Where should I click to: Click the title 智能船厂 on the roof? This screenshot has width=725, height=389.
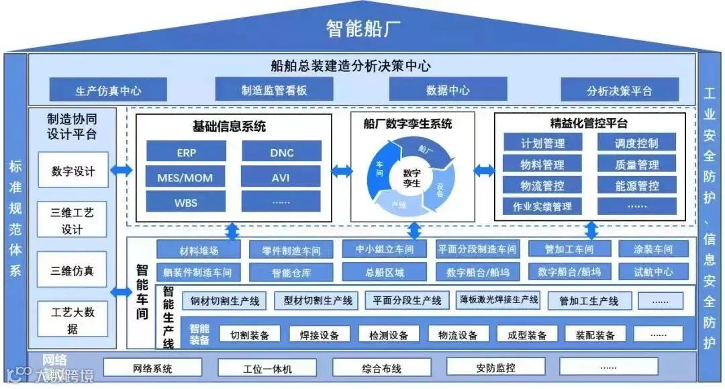363,28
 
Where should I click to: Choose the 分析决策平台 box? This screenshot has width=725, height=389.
619,90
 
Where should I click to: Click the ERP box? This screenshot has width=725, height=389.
186,152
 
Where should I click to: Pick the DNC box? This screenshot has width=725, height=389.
281,152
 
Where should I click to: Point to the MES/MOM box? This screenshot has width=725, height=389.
186,177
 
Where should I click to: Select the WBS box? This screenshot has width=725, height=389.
186,202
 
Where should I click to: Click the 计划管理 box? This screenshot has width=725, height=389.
542,142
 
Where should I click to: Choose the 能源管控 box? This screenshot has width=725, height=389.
636,185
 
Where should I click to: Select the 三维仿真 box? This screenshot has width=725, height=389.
72,271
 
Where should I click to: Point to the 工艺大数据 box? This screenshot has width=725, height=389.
72,320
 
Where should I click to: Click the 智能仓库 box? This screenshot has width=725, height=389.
291,272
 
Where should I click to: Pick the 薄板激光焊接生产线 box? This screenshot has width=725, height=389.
498,300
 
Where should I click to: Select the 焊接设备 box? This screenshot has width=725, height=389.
319,335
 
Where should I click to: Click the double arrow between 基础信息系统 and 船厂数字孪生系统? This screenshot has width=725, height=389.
341,171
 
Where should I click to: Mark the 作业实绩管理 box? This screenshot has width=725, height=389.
542,206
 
